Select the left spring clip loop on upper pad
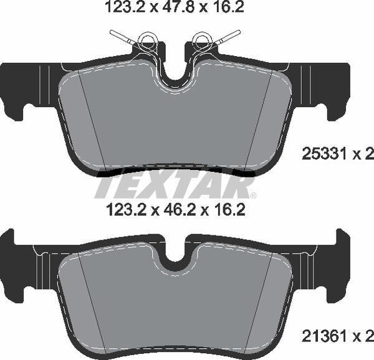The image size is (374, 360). (x=148, y=41)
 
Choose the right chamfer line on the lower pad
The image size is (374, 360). (x=262, y=299)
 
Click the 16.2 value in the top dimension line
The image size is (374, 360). (x=228, y=8)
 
